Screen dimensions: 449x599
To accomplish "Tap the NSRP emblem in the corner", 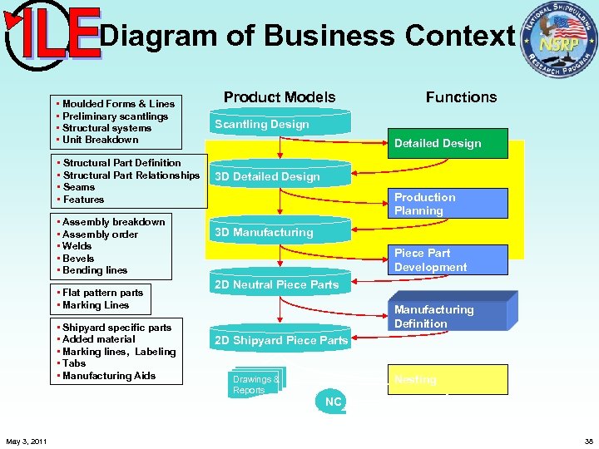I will coord(558,40).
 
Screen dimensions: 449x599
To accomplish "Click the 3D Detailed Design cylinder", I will coord(280,176).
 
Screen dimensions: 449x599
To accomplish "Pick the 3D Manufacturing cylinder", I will coord(280,232).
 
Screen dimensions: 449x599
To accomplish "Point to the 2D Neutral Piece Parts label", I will coord(276,284).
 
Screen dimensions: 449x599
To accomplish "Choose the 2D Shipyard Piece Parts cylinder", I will coord(280,340).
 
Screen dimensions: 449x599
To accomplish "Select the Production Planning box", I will coord(448,204).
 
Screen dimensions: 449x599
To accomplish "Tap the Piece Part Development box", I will coord(448,259).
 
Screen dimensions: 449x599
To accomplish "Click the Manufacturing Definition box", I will coord(448,316).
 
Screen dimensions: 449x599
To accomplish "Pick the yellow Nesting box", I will coord(448,379).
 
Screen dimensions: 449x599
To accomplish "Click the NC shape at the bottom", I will coord(333,402).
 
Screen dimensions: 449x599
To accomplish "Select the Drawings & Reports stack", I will coord(256,384).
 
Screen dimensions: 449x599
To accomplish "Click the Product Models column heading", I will coord(280,97).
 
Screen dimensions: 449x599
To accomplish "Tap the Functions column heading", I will coord(461,97).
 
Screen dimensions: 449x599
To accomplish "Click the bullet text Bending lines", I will coord(94,270).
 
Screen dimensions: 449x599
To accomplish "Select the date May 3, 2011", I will coord(26,441).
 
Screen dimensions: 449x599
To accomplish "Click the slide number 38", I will coord(588,441).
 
